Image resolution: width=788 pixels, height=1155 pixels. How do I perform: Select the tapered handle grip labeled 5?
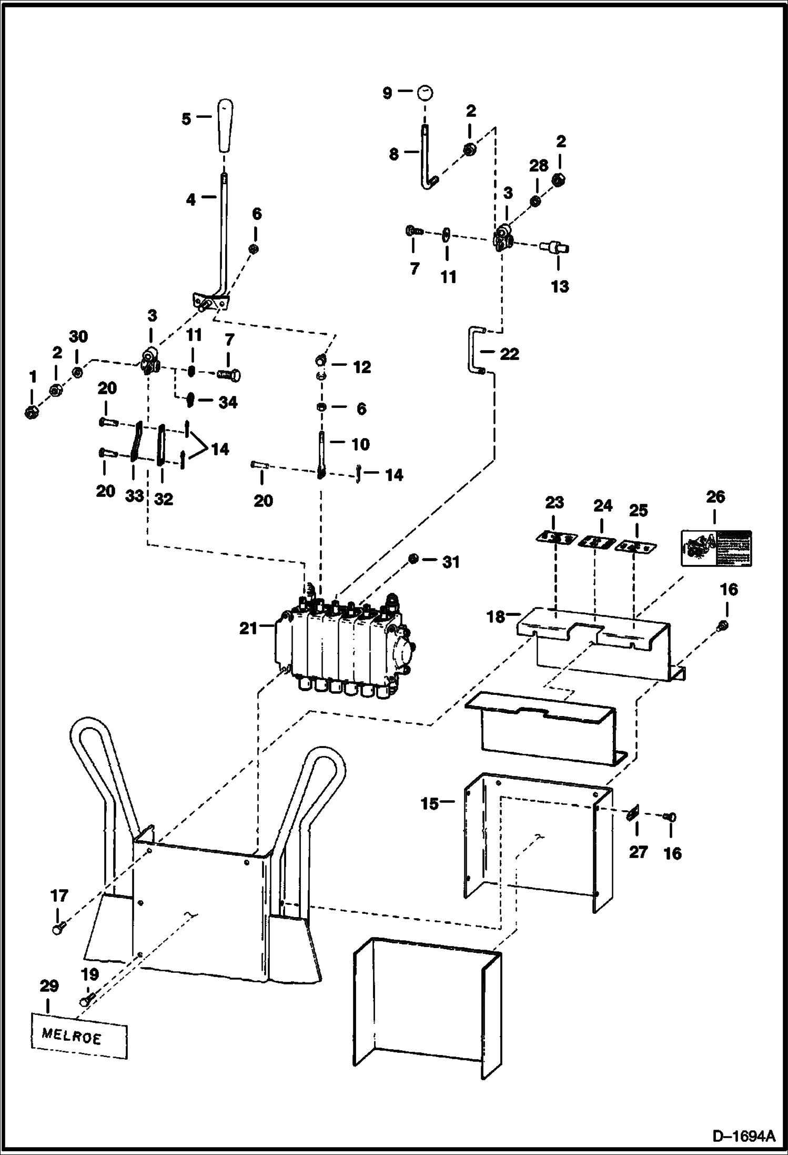[x=225, y=125]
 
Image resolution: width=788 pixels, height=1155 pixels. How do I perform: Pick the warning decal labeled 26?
[x=716, y=548]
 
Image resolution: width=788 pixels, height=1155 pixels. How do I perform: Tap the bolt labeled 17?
[x=58, y=930]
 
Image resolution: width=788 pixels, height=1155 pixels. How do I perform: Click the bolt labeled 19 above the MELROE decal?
[x=87, y=997]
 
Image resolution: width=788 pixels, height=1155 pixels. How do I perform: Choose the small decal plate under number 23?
[x=554, y=538]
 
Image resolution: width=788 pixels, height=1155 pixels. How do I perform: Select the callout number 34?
[x=228, y=402]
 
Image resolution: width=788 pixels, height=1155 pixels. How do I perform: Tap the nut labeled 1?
[x=31, y=412]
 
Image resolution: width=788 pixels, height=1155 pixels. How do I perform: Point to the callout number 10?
[x=360, y=444]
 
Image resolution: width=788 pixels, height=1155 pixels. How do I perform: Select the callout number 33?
[x=135, y=496]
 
